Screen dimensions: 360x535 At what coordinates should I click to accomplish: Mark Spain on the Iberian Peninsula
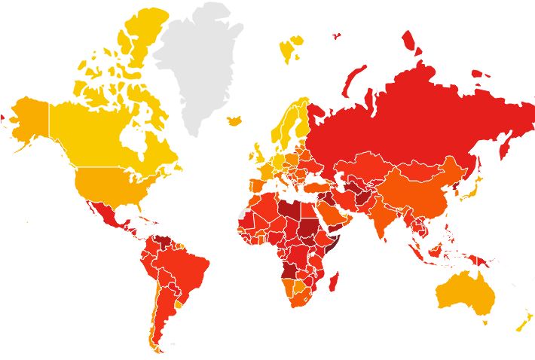tap(255, 184)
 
